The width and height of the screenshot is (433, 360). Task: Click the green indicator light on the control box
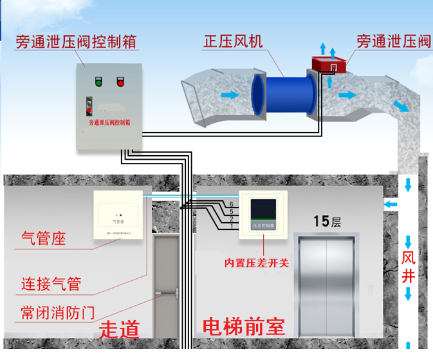(98, 82)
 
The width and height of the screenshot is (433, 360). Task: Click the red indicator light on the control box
(120, 82)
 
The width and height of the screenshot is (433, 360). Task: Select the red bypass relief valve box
(329, 64)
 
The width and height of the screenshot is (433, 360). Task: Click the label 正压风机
(233, 42)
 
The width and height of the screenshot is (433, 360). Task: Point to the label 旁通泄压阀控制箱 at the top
(77, 42)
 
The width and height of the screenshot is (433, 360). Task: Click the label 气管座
(44, 239)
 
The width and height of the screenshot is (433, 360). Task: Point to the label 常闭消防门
(58, 313)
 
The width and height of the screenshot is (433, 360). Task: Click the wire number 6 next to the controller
(231, 204)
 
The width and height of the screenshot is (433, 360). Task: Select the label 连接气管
(51, 283)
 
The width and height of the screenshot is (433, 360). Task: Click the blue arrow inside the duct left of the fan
(229, 95)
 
